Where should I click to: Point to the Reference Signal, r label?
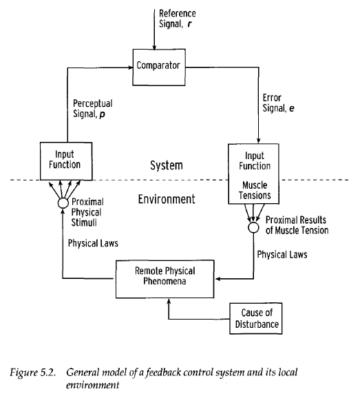177,19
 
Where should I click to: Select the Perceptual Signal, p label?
93,109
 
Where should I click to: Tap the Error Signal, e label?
278,103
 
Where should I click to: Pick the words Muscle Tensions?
255,190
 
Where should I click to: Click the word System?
167,165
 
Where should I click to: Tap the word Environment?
167,199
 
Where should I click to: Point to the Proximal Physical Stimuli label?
87,212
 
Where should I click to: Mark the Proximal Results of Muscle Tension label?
297,225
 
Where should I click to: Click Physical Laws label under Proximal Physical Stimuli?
93,243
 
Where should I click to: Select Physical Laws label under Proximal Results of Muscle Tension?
282,254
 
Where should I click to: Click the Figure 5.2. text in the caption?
32,373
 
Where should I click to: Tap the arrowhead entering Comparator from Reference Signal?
154,48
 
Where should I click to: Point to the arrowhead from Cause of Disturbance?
169,301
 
